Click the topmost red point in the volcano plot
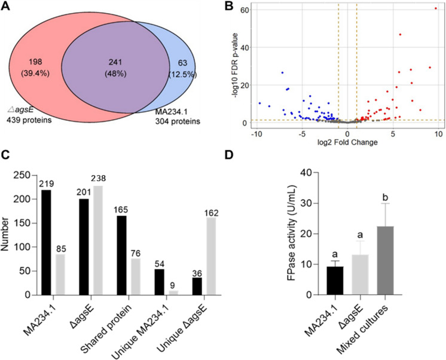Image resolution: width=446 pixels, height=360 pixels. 436,8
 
